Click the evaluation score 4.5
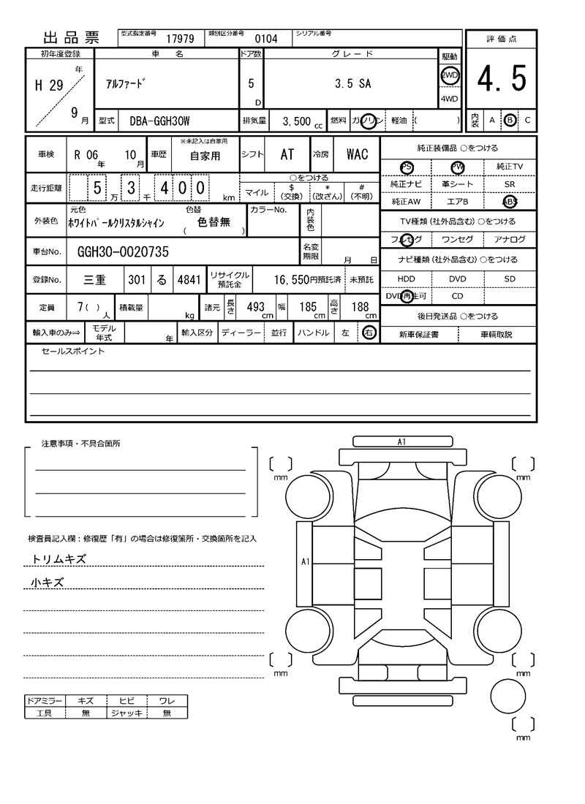click(502, 79)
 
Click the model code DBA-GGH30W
click(159, 120)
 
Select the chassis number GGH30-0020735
click(122, 251)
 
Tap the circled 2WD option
click(449, 75)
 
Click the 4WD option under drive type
click(449, 99)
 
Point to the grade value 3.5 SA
click(352, 83)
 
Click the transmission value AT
click(287, 154)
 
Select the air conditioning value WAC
click(357, 154)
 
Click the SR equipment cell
click(510, 184)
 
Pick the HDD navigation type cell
click(406, 278)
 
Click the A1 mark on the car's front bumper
click(401, 441)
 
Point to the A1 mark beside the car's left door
click(306, 561)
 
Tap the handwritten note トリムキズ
click(58, 559)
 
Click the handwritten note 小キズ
click(48, 583)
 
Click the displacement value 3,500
click(296, 121)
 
